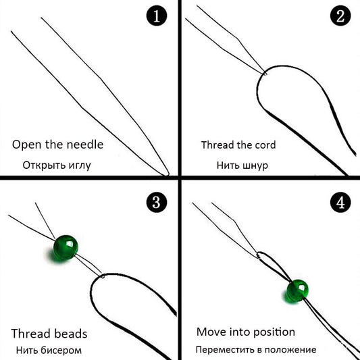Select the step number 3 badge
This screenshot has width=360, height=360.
pos(157,201)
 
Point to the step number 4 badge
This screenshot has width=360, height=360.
pos(339,201)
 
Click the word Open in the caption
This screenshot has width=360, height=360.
pos(26,145)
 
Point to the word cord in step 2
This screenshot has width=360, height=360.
pos(263,145)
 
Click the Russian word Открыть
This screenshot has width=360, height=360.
pos(42,165)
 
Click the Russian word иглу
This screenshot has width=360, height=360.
pos(78,165)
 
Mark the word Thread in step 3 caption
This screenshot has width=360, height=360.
pos(28,334)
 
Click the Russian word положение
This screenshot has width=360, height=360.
pos(292,350)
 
